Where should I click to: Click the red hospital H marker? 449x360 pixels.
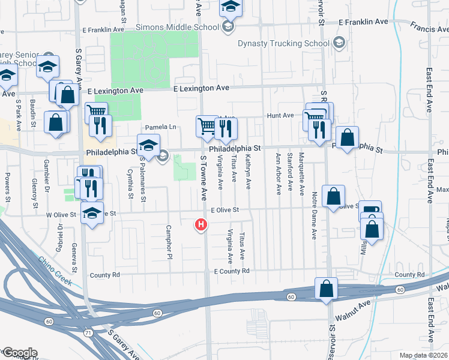[x=201, y=225]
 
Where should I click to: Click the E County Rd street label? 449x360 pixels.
[x=231, y=271]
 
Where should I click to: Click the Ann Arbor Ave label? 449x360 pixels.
[x=279, y=173]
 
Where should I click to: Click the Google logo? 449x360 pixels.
[x=19, y=352]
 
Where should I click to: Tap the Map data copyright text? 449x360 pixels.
[x=424, y=356]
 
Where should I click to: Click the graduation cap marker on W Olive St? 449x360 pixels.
[x=92, y=214]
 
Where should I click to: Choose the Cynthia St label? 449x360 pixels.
[x=130, y=183]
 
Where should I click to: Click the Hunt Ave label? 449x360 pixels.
[x=281, y=115]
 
